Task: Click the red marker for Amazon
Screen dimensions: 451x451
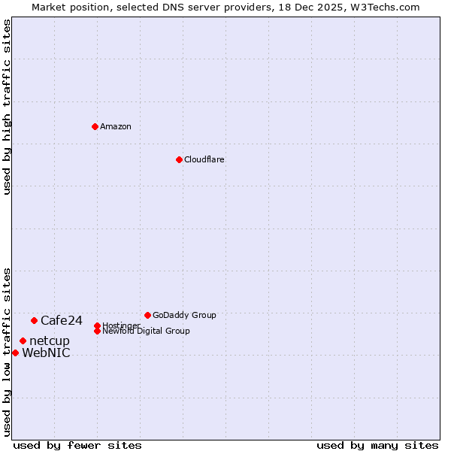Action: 95,126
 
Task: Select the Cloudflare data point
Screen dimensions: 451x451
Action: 179,159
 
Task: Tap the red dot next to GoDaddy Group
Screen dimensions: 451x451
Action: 147,315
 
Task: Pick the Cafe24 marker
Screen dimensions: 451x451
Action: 34,320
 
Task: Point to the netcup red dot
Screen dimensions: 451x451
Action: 23,341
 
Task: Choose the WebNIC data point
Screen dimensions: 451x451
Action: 15,353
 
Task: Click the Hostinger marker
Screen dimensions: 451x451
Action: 97,325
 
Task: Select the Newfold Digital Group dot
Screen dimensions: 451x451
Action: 97,331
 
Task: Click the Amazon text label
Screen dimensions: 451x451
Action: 116,126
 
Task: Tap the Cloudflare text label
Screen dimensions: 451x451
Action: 204,159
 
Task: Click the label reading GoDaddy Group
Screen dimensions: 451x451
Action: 184,315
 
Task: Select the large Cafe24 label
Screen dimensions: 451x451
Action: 62,321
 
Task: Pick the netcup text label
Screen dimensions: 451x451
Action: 50,341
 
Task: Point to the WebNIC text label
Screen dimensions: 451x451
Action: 47,353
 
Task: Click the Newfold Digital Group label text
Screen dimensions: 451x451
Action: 146,331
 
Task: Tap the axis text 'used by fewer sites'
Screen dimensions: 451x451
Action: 77,445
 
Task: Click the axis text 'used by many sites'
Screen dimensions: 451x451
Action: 377,445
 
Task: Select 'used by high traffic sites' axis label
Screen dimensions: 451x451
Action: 7,107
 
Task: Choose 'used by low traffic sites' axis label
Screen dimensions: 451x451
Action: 7,352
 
